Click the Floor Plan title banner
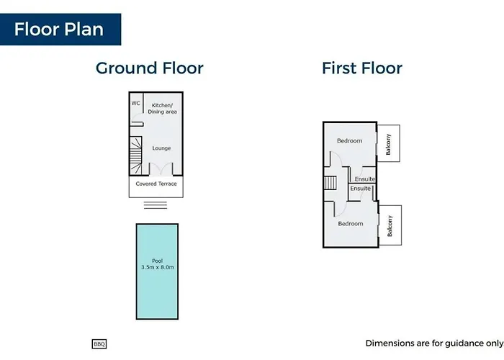(x=60, y=30)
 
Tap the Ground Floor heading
(x=150, y=68)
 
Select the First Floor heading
(x=362, y=68)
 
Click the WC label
(x=135, y=103)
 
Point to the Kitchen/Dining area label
(x=162, y=108)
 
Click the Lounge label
(x=161, y=148)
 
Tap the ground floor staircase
(x=136, y=156)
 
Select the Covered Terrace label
(x=156, y=184)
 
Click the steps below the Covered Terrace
(x=156, y=205)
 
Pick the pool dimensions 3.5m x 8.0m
(x=158, y=267)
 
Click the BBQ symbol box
(x=99, y=344)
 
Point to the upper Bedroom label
(x=349, y=141)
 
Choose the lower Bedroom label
(x=351, y=223)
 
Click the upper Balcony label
(x=388, y=144)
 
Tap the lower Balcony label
(x=390, y=226)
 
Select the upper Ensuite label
(x=365, y=179)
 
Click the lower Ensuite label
(x=360, y=189)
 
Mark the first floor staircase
(x=330, y=183)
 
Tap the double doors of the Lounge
(x=161, y=168)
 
